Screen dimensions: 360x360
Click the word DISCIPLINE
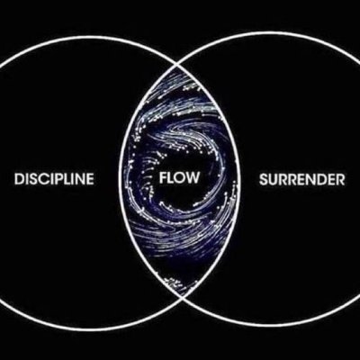54,179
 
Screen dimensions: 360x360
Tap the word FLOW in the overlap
179,177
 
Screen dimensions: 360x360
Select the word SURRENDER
301,179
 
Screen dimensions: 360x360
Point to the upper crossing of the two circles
179,65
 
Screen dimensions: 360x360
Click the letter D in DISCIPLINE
19,179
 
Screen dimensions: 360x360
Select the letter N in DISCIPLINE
79,179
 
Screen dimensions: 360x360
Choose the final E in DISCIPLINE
90,179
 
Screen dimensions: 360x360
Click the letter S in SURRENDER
264,179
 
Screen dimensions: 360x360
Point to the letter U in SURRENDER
274,179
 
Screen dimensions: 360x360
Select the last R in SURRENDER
341,179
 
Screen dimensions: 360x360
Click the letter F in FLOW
163,177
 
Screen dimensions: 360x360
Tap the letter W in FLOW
192,177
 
